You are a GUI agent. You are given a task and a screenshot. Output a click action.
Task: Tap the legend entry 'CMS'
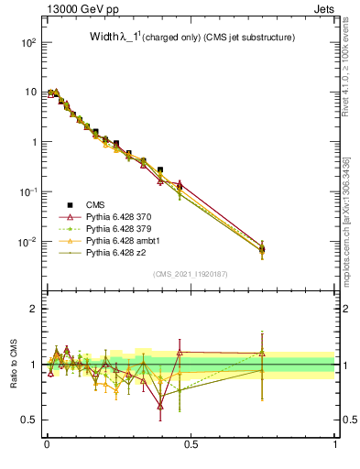tap(95, 204)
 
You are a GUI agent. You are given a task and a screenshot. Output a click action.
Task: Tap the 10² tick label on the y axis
tap(28, 43)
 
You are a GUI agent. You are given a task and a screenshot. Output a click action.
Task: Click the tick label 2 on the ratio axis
tap(34, 309)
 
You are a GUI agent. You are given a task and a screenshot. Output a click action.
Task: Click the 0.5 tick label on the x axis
tap(191, 444)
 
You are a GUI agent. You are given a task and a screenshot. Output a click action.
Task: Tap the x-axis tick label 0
tap(46, 444)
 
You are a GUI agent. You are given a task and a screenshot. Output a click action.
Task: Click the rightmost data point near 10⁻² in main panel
tap(263, 248)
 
